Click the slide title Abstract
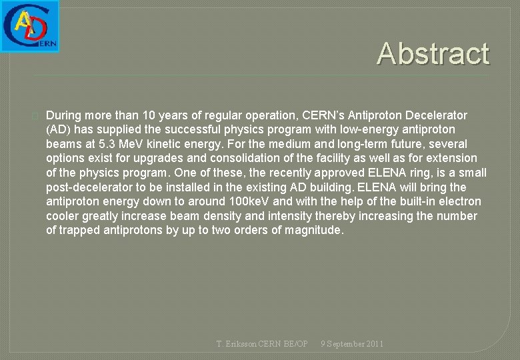click(x=433, y=53)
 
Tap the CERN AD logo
click(x=30, y=26)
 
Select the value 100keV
click(x=248, y=201)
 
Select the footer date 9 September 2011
click(x=351, y=344)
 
